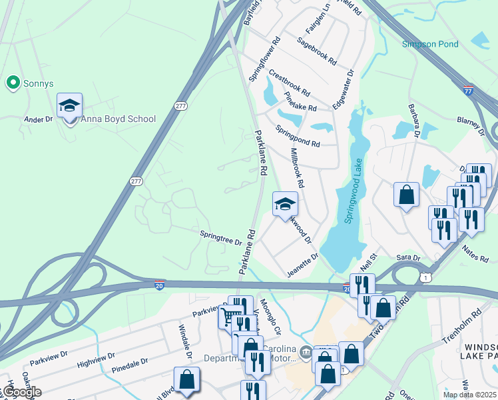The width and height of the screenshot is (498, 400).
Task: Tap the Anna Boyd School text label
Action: click(118, 119)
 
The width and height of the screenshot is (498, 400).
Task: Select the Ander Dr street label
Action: click(38, 119)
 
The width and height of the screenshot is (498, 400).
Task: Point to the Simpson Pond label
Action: click(430, 44)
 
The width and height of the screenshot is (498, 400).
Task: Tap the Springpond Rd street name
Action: click(298, 137)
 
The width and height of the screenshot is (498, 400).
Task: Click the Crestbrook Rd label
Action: click(289, 84)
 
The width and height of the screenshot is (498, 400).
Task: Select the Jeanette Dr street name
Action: click(303, 264)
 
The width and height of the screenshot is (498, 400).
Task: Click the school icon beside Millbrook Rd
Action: click(285, 204)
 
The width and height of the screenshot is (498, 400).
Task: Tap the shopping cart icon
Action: click(230, 316)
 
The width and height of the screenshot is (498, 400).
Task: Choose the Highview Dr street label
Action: click(96, 359)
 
